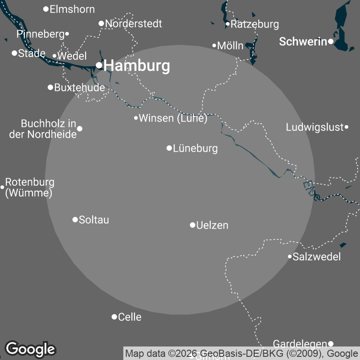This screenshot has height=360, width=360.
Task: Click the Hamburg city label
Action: [137, 66]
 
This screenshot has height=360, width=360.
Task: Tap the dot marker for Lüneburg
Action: [169, 148]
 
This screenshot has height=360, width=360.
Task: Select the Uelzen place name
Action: [212, 225]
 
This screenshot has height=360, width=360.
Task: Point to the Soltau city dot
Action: [75, 220]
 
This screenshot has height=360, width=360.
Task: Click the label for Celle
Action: [130, 317]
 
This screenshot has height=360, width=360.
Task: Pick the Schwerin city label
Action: [303, 42]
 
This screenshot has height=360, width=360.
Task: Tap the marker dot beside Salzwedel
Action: [290, 256]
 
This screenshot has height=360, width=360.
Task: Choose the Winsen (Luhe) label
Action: [173, 118]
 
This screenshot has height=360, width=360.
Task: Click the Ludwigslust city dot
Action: [346, 127]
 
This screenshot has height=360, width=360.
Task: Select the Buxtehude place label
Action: [79, 88]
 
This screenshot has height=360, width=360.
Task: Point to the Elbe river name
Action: [311, 190]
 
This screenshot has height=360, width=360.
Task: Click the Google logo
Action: [30, 349]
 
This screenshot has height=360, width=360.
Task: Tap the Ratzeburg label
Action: [255, 24]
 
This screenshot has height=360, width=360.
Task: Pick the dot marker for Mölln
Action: [215, 45]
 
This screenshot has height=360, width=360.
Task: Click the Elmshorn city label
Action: [72, 9]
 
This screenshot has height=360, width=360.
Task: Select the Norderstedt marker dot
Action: [101, 23]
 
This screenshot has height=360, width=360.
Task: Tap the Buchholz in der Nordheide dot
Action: [80, 129]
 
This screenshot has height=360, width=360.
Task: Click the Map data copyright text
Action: [241, 353]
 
